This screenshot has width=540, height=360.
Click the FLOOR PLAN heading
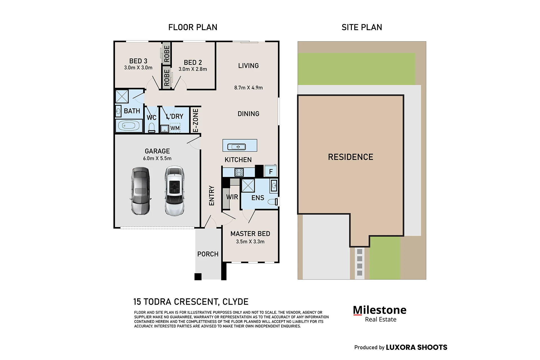point(193,27)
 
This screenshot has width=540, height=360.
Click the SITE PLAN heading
point(362,27)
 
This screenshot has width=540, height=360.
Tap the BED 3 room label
point(138,61)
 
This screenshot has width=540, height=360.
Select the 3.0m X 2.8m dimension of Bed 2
point(193,69)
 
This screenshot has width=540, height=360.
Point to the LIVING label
point(248,66)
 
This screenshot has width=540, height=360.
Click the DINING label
point(248,114)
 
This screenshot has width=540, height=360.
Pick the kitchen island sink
point(237,147)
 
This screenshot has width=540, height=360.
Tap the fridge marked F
point(271,171)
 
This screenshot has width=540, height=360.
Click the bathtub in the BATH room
point(129,126)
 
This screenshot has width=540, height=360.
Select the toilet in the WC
point(152,128)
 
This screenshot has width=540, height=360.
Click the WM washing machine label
point(175,128)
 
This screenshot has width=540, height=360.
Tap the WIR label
point(232,197)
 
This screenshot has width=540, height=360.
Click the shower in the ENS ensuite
point(248,186)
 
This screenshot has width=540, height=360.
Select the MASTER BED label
point(250,234)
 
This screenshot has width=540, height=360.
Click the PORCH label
point(208,254)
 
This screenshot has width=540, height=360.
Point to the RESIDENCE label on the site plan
point(351,157)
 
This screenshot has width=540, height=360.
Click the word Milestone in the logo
point(380,310)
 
